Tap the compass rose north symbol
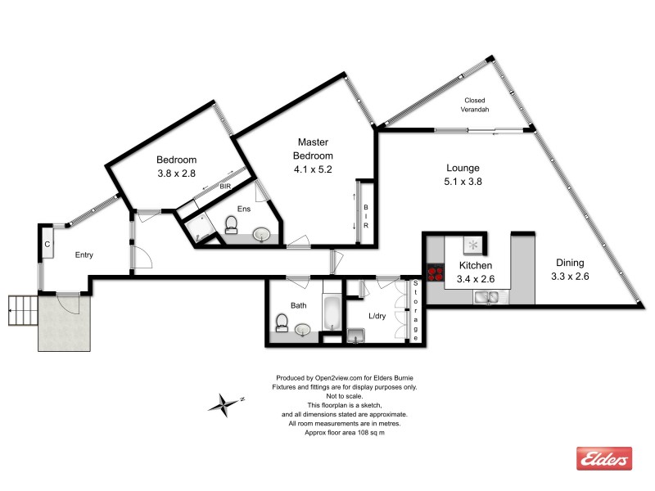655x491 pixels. point(223,403)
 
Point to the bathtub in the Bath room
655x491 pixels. point(331,313)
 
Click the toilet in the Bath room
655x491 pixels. point(282,328)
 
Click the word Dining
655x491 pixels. point(570,263)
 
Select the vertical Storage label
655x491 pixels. point(416,311)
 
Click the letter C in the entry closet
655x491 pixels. point(47,245)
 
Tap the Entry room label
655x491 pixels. point(84,255)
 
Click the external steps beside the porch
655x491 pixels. point(22,311)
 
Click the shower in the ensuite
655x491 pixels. point(193,223)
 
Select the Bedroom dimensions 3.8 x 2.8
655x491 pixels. point(177,173)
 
